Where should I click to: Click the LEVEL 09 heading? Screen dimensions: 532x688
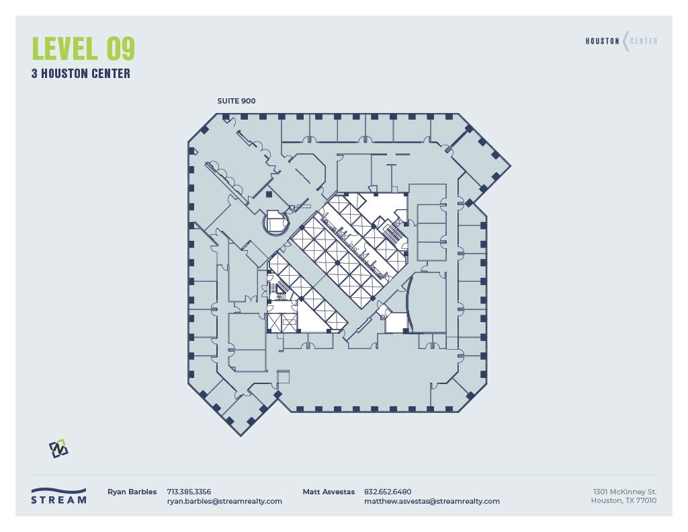tap(83, 48)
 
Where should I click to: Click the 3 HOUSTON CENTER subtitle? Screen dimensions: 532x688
tap(81, 73)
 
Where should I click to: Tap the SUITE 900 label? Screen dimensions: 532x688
tap(236, 101)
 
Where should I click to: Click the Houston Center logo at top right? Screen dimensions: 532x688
tap(621, 41)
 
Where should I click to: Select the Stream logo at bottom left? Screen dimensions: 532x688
tap(58, 496)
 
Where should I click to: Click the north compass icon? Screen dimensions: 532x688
tap(58, 449)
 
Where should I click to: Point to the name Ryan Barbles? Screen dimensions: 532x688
tap(132, 492)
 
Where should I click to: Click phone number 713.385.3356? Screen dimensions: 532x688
tap(189, 492)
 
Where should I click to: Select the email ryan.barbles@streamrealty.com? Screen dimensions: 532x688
tap(224, 501)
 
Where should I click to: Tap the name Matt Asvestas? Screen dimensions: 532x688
tap(329, 492)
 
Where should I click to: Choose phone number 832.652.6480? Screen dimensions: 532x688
tap(388, 492)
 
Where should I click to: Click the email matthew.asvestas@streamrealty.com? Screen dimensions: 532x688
tap(432, 501)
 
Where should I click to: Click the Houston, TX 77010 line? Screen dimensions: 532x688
tap(623, 501)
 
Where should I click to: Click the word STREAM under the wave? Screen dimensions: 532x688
tap(58, 500)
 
